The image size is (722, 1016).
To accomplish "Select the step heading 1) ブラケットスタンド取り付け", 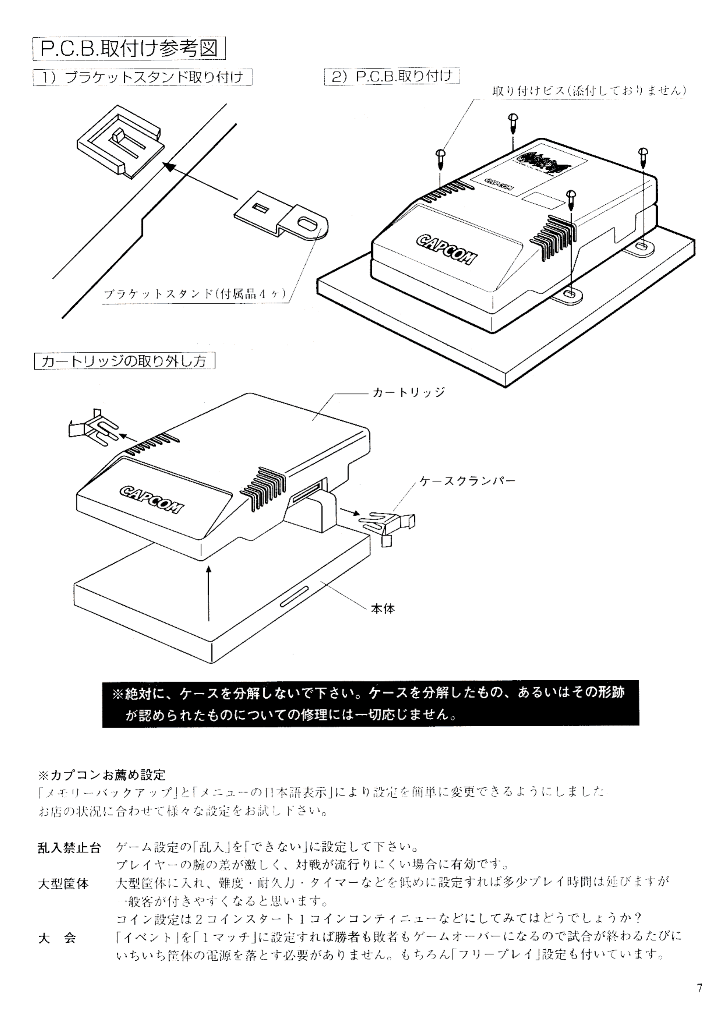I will [143, 77].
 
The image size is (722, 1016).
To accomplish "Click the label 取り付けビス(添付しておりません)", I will [589, 91].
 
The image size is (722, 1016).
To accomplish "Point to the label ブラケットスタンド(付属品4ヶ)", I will [194, 294].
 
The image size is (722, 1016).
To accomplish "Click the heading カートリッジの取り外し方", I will [125, 360].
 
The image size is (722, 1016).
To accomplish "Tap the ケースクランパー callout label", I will [467, 481].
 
